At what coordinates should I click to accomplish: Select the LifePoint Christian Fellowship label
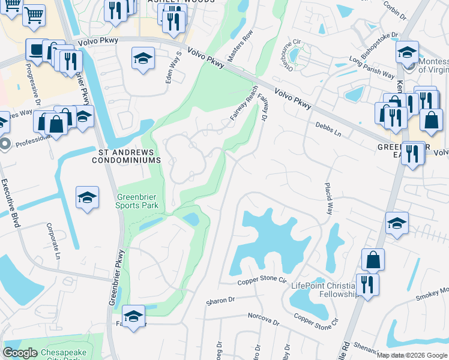pos(324,290)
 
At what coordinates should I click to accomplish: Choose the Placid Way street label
pos(329,199)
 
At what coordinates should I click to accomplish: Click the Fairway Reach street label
pos(244,104)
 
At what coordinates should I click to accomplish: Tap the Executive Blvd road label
pos(10,202)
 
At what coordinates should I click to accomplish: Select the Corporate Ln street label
pos(55,241)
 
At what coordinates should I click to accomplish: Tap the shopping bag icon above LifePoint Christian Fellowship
pos(373,260)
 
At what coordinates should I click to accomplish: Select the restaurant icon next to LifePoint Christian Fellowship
pos(367,284)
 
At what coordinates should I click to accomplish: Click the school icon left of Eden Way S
pos(142,59)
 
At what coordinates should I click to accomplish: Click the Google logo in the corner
pos(20,353)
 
